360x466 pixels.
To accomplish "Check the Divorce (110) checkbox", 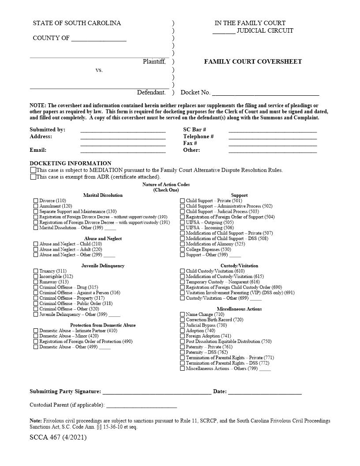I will point(36,201).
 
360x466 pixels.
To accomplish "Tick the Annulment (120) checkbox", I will point(36,206).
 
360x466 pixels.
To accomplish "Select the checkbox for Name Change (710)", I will point(183,315).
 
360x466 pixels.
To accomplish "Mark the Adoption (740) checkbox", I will point(183,331).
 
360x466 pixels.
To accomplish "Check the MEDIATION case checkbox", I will point(33,170).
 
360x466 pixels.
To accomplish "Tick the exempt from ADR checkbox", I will point(33,177).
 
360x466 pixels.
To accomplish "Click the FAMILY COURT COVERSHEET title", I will point(253,62).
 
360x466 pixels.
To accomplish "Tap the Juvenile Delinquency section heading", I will point(103,266).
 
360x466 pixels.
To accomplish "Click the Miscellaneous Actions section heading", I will point(239,309).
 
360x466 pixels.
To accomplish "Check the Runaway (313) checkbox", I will point(36,282).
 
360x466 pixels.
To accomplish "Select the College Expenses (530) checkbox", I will point(183,250).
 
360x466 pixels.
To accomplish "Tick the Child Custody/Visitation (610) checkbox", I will point(183,271).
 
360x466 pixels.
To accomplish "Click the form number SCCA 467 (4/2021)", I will point(58,437).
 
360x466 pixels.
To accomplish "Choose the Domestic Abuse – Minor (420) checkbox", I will point(36,336).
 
